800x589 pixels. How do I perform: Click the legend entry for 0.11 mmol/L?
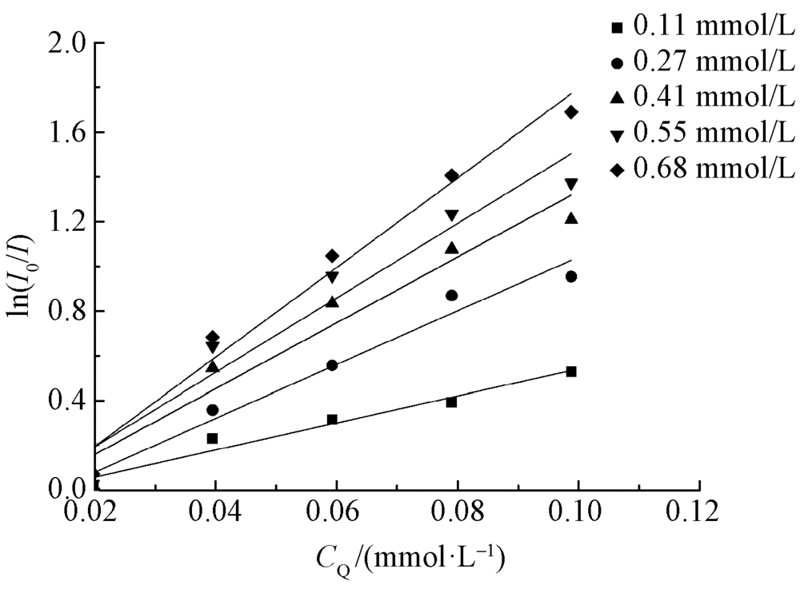704,29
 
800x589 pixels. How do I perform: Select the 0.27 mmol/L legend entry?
704,63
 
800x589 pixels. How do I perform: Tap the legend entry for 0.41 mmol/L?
704,98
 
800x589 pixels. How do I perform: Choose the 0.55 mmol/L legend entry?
704,133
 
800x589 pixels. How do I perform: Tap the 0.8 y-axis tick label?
66,311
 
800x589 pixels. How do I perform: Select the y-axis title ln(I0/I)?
24,265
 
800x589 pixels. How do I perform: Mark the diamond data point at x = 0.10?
571,112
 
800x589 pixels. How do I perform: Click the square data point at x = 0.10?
571,372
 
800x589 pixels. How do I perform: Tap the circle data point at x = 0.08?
452,295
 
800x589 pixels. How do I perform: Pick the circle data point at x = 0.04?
212,410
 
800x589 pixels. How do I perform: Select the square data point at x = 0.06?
332,420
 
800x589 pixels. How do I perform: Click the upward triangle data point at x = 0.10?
571,217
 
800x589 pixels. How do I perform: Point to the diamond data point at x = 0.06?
332,256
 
